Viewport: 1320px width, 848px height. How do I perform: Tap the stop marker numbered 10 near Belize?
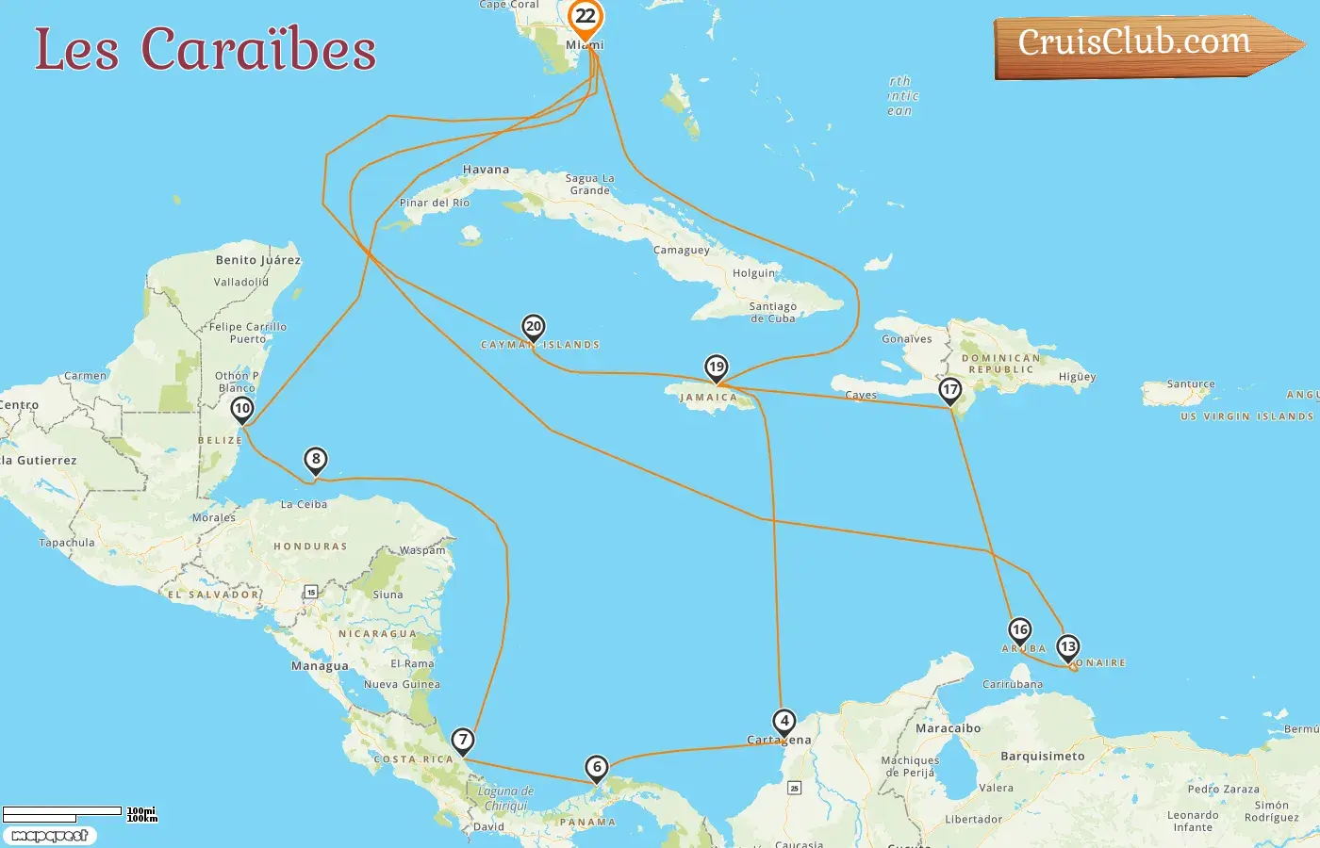[x=242, y=409]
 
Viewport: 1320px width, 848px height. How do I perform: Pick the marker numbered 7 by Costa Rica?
[x=463, y=741]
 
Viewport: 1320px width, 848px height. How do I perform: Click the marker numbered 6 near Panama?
[x=597, y=768]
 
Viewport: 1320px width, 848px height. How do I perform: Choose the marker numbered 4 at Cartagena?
[x=784, y=722]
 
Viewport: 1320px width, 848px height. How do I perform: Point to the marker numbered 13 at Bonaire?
[x=1068, y=647]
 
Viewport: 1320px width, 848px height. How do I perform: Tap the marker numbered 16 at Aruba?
[x=1020, y=630]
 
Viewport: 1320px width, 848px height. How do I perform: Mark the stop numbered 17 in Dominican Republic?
[x=950, y=390]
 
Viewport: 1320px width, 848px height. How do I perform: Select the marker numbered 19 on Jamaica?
[x=717, y=367]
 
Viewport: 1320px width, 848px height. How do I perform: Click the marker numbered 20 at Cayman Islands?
[x=534, y=327]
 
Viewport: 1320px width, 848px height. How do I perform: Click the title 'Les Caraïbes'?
[x=206, y=50]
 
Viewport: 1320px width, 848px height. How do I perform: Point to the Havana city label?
[x=486, y=171]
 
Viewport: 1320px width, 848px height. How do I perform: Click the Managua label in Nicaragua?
[x=320, y=666]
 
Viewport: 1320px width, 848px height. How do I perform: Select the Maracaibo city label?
[x=948, y=728]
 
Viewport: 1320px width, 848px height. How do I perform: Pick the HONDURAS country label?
[x=310, y=546]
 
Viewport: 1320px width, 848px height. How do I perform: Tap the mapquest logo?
[x=49, y=836]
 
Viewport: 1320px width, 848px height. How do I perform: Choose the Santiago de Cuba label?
[x=773, y=313]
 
